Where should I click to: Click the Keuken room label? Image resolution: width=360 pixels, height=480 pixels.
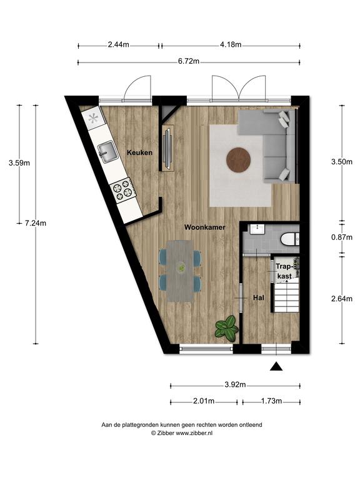[139, 152]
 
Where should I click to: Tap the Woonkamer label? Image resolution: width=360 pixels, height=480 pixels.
[204, 227]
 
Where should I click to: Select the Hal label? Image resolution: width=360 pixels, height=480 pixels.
[259, 297]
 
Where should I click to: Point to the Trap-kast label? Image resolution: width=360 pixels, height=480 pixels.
[284, 271]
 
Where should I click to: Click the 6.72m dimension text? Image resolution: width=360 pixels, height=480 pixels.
[189, 61]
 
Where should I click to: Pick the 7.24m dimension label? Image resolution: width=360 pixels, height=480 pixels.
[36, 223]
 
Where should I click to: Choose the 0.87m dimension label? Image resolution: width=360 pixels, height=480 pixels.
[342, 237]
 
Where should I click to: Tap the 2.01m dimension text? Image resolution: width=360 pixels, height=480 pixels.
[204, 401]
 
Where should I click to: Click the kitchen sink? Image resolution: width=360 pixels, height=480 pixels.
[107, 152]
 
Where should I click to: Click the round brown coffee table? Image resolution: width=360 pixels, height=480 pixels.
[239, 160]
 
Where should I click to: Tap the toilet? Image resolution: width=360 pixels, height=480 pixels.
[289, 239]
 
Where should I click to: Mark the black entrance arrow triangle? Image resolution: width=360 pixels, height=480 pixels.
[276, 366]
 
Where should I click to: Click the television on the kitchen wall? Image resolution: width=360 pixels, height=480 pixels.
[167, 148]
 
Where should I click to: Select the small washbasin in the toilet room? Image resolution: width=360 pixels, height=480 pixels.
[257, 229]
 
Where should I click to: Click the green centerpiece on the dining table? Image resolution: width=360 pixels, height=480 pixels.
[181, 267]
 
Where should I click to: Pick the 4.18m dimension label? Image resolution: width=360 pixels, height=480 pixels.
[231, 45]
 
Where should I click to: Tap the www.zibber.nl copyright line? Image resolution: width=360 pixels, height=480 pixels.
[182, 433]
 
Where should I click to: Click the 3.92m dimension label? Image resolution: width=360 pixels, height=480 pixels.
[235, 385]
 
